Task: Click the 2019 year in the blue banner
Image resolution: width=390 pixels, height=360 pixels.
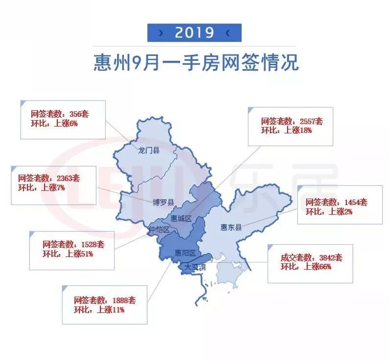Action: point(195,33)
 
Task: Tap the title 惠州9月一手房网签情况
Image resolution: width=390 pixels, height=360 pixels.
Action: point(195,63)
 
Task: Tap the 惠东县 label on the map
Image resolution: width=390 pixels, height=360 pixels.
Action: point(231,227)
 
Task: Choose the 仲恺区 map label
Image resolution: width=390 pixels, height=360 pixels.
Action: point(160,230)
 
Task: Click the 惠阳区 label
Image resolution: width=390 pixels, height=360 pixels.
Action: point(185,253)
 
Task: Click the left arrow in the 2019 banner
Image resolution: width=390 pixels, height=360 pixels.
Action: point(161,33)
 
